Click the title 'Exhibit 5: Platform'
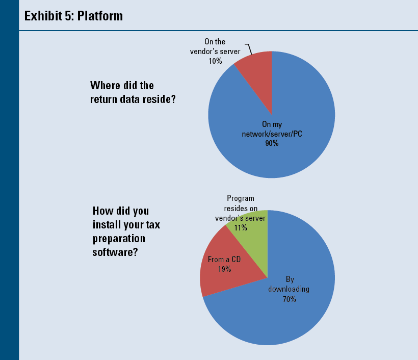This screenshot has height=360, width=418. coord(73,16)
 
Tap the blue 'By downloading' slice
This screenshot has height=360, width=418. coord(285,316)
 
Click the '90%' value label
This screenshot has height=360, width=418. coord(271,143)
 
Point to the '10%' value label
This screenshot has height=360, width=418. coord(215,61)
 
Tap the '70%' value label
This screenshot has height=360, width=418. coord(290,299)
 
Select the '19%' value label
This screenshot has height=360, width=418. coord(224,269)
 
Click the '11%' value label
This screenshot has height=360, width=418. coord(240,228)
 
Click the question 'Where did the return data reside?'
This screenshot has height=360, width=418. coord(133,92)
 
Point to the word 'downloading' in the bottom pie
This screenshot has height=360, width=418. coord(289,289)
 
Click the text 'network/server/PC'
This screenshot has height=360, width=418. coord(272,134)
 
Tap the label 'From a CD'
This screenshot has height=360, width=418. coord(224,260)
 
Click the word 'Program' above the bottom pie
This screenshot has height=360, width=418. coord(240,198)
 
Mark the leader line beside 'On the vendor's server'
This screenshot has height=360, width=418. coord(249,48)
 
